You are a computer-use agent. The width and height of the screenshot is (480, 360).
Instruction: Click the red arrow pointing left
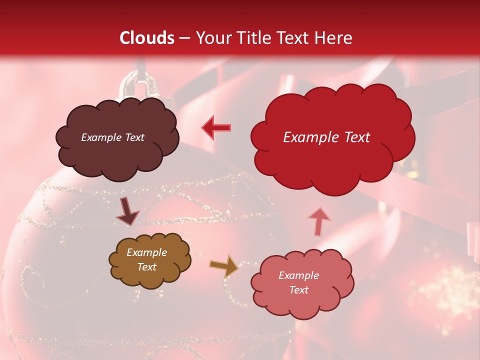coord(216,127)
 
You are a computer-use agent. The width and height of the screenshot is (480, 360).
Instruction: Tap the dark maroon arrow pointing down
coord(127,211)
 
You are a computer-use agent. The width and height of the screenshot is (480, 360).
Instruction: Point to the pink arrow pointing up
coord(319,221)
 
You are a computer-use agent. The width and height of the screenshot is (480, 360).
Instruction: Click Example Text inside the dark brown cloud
coord(112,137)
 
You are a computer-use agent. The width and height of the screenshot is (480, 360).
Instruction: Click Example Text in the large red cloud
coord(326,137)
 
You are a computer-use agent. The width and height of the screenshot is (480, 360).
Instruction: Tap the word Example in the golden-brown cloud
coord(146,252)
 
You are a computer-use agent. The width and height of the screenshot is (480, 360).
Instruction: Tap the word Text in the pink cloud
coord(298,290)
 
